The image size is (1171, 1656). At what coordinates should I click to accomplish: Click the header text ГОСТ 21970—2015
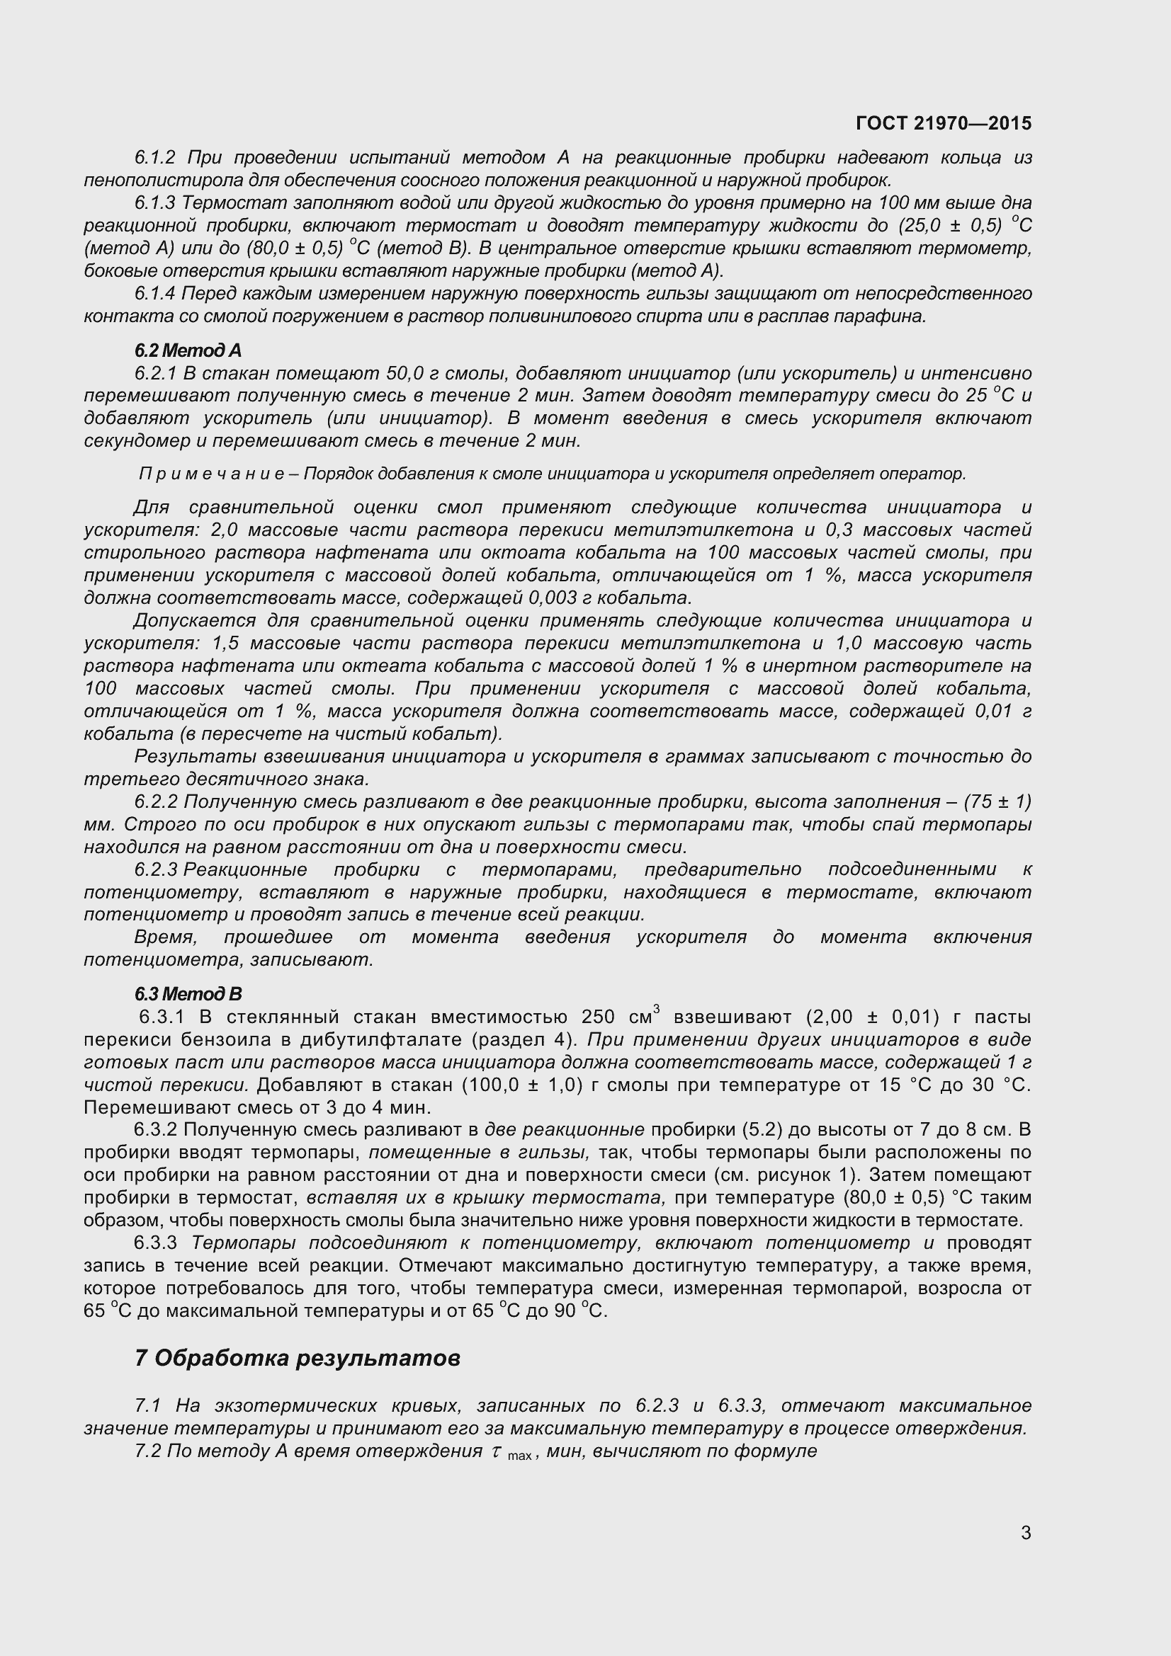pos(943,123)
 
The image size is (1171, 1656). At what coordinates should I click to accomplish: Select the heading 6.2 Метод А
pos(188,350)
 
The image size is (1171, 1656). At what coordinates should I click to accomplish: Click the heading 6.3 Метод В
pos(188,994)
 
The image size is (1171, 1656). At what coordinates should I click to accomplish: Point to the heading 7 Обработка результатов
pos(298,1358)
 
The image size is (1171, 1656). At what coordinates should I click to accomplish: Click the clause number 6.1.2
pos(155,157)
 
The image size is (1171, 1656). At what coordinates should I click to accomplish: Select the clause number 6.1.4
pos(155,294)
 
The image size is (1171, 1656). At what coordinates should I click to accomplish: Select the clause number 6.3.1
pos(162,1017)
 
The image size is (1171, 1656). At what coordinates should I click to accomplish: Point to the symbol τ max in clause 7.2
pos(511,1452)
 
